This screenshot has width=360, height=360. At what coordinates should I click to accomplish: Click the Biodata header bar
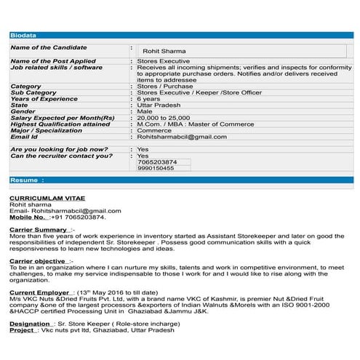tap(180, 35)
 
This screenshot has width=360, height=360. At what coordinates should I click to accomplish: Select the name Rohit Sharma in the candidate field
tap(164, 51)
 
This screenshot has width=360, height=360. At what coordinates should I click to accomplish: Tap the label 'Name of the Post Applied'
tap(53, 61)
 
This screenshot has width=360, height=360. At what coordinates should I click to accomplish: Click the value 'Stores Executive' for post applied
tap(159, 61)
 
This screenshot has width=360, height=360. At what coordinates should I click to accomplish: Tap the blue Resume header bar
tap(180, 179)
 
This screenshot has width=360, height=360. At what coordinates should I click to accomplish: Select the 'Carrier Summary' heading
tap(39, 229)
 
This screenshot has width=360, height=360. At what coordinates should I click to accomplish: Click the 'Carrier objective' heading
tap(39, 260)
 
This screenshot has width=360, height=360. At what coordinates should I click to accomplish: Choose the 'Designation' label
tap(30, 323)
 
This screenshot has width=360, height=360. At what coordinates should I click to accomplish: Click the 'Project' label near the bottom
tap(22, 329)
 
